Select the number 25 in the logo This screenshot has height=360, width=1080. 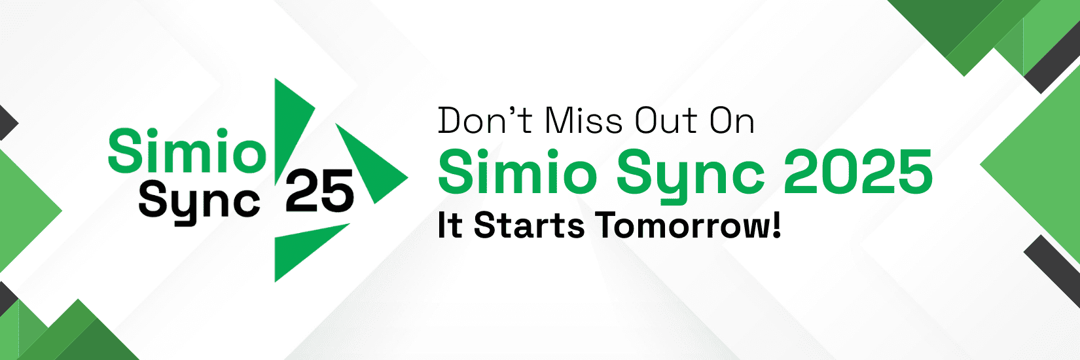tap(319, 191)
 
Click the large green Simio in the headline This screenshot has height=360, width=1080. tap(517, 171)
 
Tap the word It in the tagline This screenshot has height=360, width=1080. tap(450, 226)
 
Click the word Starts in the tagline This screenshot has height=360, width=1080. tap(529, 226)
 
